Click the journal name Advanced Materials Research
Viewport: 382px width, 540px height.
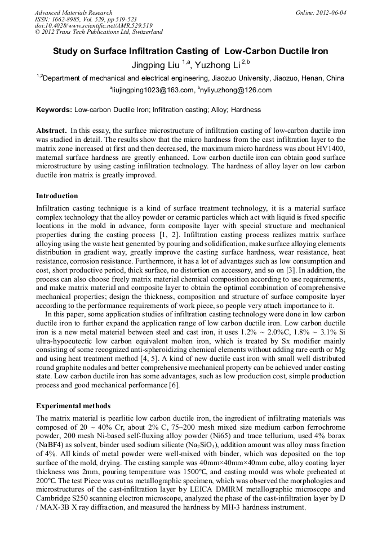coord(73,12)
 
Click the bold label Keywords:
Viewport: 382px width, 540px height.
coord(54,110)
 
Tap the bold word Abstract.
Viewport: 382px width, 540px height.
coord(52,130)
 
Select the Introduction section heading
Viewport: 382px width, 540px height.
coord(57,196)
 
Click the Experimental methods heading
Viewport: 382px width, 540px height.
coord(73,405)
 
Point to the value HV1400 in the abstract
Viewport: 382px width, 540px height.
coord(328,148)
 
